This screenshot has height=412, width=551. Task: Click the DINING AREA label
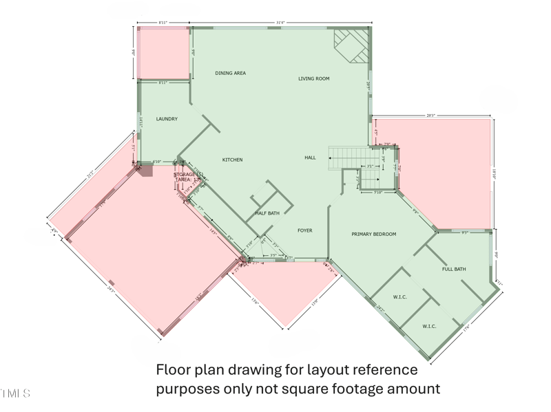click(230, 73)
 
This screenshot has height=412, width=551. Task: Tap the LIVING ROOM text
click(313, 79)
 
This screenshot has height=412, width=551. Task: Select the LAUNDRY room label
click(167, 119)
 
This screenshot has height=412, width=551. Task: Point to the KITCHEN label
click(232, 160)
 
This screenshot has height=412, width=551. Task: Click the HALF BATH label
click(267, 213)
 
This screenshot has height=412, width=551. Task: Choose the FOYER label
click(305, 230)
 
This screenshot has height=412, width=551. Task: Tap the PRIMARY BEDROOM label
click(374, 235)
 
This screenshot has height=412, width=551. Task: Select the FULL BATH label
click(454, 269)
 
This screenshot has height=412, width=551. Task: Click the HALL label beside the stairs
click(310, 158)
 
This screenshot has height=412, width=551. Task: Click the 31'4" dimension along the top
click(280, 23)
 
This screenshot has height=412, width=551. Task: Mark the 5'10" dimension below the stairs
click(377, 193)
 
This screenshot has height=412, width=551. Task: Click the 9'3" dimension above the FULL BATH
click(465, 232)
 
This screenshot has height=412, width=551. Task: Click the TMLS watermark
click(15, 393)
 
